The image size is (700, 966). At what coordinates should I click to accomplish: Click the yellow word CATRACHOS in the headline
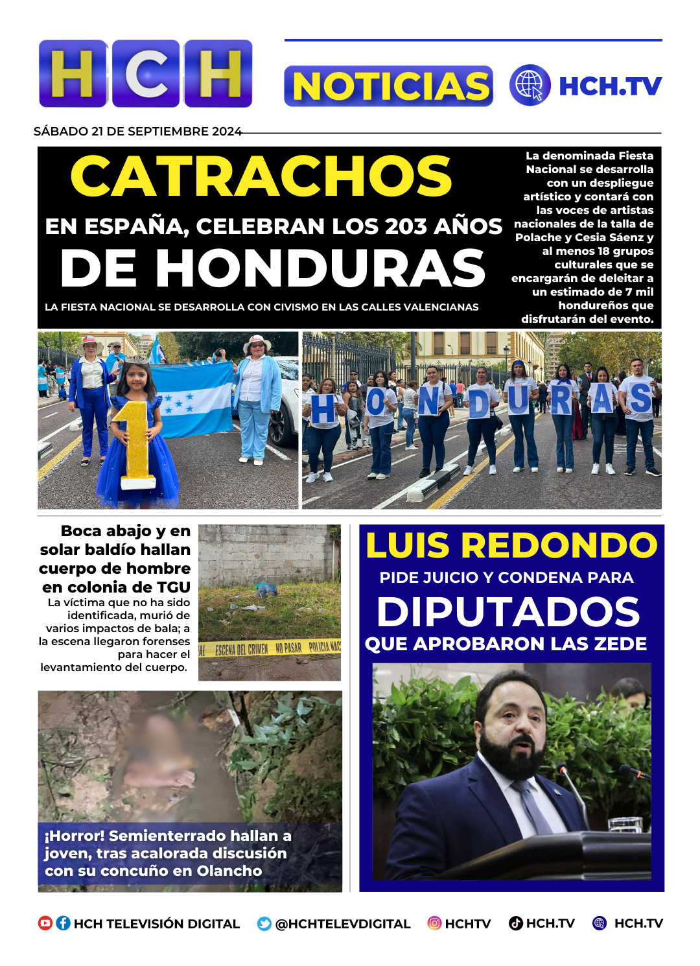coord(261,176)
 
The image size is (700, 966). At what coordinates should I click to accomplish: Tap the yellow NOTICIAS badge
coord(389,86)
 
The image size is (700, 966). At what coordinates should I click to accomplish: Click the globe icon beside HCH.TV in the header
coord(530,85)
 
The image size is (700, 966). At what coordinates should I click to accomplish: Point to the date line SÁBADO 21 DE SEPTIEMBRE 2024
coord(137,132)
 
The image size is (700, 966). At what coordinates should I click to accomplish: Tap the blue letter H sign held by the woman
coord(323,408)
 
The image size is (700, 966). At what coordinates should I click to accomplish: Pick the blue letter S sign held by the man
coord(640,399)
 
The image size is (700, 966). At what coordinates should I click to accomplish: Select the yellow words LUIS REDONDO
coord(511,545)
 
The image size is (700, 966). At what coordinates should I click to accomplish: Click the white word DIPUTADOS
coord(508,612)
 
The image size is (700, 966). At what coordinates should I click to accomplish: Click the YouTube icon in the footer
coord(45,923)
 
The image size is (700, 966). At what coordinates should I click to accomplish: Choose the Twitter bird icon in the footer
coord(264,924)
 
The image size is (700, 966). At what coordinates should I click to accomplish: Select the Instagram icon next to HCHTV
coord(434,923)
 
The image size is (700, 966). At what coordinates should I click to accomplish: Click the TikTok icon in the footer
coord(516,923)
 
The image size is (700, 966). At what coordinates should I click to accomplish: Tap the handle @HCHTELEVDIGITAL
coord(343,924)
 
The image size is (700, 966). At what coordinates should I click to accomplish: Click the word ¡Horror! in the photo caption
coord(74,836)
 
